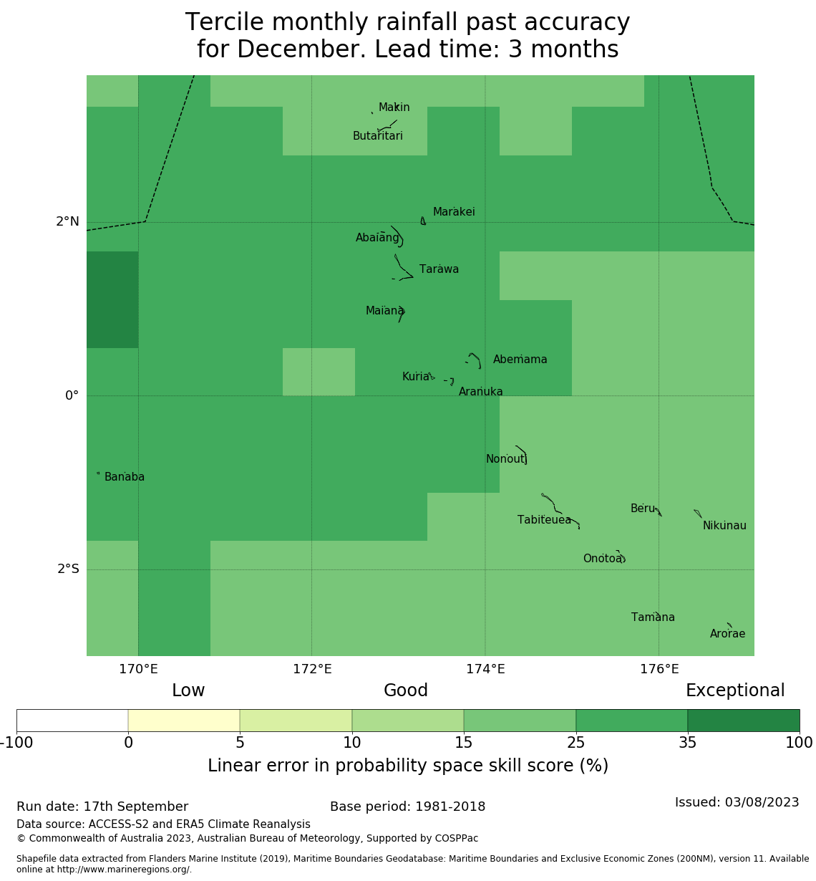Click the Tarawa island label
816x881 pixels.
[439, 269]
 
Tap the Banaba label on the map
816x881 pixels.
[125, 477]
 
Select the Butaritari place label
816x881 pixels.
[377, 136]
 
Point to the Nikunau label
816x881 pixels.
[724, 526]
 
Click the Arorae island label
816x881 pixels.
[727, 634]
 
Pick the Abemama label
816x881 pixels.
[520, 360]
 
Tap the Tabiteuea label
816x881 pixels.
[544, 520]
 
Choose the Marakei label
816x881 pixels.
[454, 212]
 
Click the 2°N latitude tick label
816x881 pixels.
[67, 221]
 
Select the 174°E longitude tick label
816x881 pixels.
[485, 670]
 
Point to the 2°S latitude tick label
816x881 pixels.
[67, 569]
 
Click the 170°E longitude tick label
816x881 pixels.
[138, 670]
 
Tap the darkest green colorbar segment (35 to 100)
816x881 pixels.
[743, 721]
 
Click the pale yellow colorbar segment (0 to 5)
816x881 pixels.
[184, 721]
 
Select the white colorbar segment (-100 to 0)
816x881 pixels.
[72, 721]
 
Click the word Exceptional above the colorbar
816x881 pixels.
[735, 690]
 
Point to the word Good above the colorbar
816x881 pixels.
[406, 690]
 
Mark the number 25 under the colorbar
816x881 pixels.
[575, 743]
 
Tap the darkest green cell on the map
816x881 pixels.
[112, 299]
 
